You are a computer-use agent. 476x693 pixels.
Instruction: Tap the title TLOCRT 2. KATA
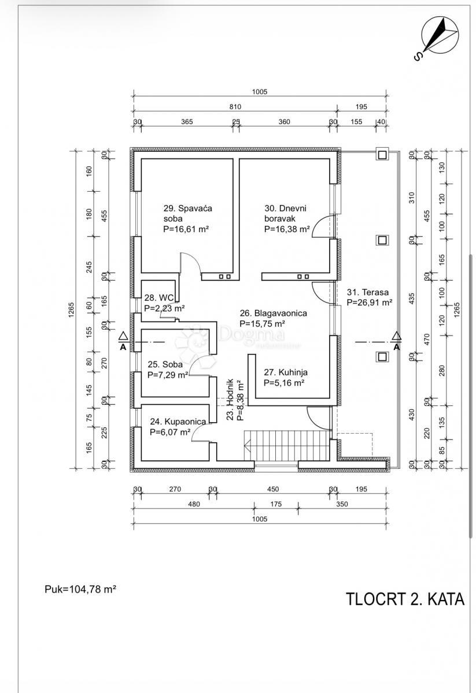pos(405,599)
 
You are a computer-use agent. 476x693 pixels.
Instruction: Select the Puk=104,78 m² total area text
pos(80,588)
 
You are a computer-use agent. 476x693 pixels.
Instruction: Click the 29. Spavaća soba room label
pos(188,218)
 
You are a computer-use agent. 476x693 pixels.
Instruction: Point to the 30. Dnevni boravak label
pos(287,218)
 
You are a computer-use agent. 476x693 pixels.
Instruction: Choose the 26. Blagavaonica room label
pos(274,318)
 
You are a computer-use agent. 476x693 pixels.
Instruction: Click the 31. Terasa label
pos(370,297)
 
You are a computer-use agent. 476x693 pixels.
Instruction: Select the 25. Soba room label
pos(168,370)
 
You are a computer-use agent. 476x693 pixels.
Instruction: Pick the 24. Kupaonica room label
pos(178,427)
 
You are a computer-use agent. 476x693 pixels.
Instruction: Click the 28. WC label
pos(165,303)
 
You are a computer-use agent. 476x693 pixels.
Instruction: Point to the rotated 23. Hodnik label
pos(235,400)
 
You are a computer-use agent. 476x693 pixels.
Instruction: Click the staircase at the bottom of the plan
pos(287,445)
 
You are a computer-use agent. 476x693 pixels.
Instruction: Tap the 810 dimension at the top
pos(235,107)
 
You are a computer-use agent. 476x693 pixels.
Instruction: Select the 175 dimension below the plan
pos(276,504)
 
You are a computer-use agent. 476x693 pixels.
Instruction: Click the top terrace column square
pos(382,154)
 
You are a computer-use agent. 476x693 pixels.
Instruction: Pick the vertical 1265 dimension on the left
pos(72,310)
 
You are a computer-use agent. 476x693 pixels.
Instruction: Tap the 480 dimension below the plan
pos(194,504)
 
